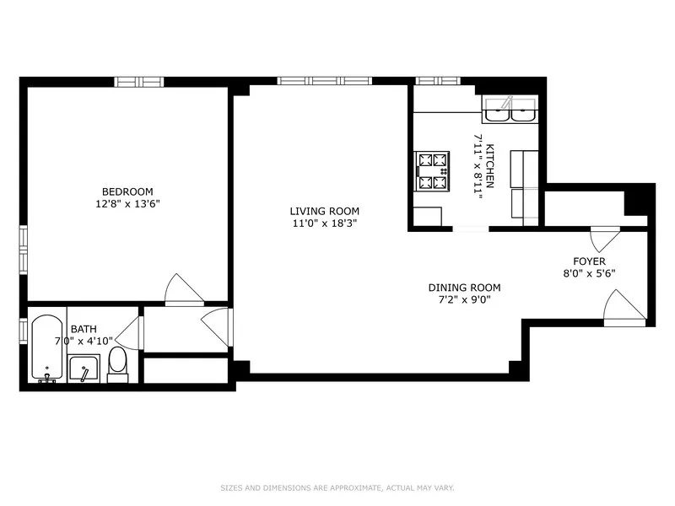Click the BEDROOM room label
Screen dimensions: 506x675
(x=127, y=191)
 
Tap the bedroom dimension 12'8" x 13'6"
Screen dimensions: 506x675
(x=127, y=203)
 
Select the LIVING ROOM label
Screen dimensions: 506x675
(x=325, y=211)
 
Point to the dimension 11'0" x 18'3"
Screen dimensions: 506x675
(x=325, y=223)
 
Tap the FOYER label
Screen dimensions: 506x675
(x=589, y=261)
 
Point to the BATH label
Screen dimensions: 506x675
(x=83, y=329)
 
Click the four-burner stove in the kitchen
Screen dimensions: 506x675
(x=433, y=170)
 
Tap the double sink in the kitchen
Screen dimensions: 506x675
(x=510, y=110)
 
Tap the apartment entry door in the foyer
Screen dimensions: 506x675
(x=625, y=307)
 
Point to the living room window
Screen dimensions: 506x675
(x=325, y=82)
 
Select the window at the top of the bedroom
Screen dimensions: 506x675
(x=138, y=82)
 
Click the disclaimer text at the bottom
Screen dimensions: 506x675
(x=337, y=487)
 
